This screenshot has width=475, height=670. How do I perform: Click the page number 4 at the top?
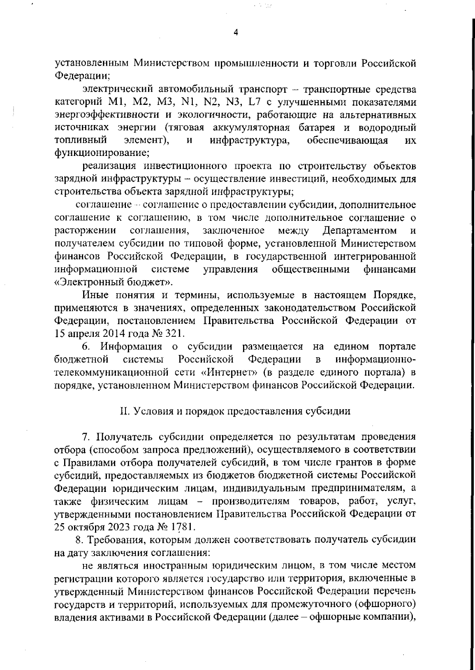236,33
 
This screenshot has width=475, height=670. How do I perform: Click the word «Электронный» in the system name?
94,282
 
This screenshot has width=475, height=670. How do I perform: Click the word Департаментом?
359,230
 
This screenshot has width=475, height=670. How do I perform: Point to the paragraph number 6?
86,347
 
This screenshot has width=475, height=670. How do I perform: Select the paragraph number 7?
86,437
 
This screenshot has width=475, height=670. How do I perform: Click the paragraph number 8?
79,540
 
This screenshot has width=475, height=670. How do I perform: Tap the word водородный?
387,128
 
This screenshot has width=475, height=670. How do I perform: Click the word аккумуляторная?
251,128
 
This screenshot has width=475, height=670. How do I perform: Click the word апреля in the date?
81,333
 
